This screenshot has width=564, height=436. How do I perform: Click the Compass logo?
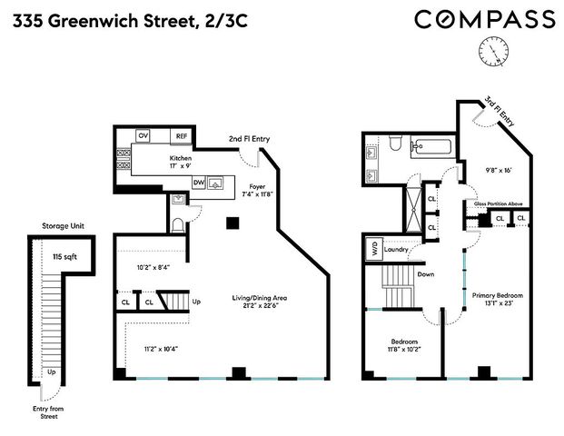pyautogui.click(x=485, y=19)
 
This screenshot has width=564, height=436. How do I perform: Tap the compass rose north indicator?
pyautogui.click(x=493, y=52)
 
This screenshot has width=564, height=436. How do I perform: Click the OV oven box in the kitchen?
pyautogui.click(x=143, y=135)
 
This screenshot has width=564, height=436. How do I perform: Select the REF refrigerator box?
pyautogui.click(x=181, y=136)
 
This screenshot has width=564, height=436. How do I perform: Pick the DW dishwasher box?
pyautogui.click(x=199, y=183)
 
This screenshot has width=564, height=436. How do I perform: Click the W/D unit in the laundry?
pyautogui.click(x=374, y=249)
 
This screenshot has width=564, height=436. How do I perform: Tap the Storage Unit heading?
pyautogui.click(x=63, y=226)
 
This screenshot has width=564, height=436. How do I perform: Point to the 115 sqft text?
pyautogui.click(x=64, y=257)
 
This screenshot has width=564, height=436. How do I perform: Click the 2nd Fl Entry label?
pyautogui.click(x=249, y=139)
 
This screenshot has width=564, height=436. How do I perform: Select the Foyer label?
pyautogui.click(x=257, y=187)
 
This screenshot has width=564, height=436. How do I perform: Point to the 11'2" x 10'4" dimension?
pyautogui.click(x=161, y=349)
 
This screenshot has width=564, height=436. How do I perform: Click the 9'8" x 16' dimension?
pyautogui.click(x=499, y=170)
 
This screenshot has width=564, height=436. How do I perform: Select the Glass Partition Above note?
pyautogui.click(x=498, y=204)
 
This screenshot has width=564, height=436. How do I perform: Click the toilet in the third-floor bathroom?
pyautogui.click(x=395, y=143)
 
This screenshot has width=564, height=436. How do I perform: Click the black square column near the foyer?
pyautogui.click(x=233, y=223)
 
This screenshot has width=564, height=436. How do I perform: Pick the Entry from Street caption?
pyautogui.click(x=48, y=412)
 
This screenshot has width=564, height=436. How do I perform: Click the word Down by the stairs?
pyautogui.click(x=426, y=274)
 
